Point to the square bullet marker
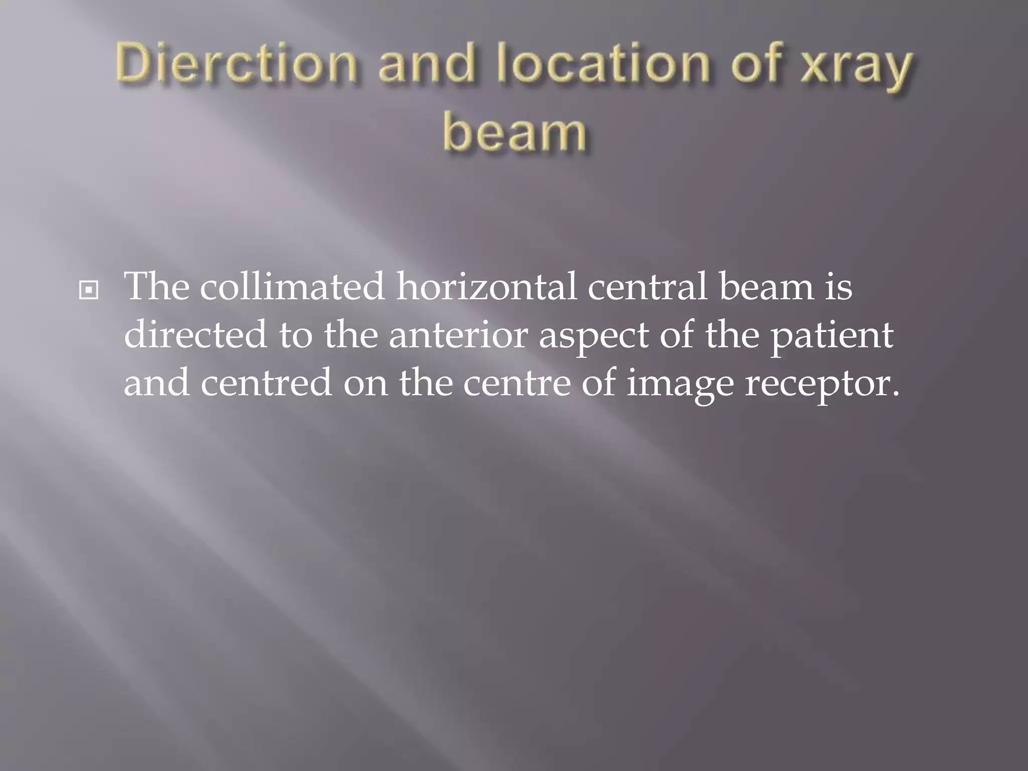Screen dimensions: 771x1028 89,290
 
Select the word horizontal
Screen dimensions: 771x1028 486,287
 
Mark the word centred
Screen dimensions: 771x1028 267,382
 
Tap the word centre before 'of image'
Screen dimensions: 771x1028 517,382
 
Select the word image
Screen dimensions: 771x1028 680,384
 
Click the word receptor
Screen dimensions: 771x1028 821,384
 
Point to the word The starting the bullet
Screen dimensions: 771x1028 157,287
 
